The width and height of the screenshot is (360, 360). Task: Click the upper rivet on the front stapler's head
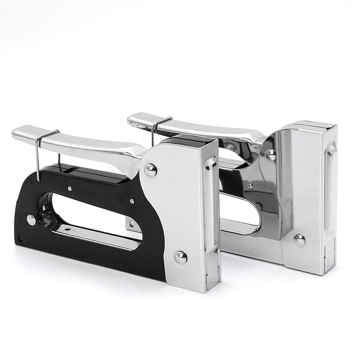point(150,170)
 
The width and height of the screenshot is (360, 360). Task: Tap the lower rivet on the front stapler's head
point(180,257)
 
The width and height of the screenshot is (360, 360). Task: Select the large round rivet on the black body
point(31,220)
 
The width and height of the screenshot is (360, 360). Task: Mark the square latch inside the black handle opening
point(130,222)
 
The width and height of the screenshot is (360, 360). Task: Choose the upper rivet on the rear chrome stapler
point(270,154)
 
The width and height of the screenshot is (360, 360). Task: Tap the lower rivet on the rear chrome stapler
point(299,239)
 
